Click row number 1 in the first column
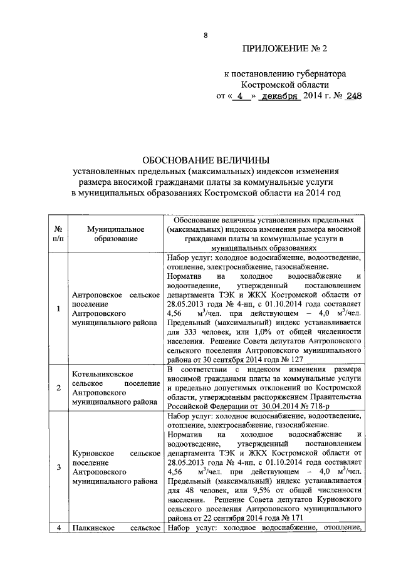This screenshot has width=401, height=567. pyautogui.click(x=58, y=309)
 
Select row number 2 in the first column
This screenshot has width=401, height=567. pyautogui.click(x=58, y=388)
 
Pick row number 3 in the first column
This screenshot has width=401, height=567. pyautogui.click(x=58, y=467)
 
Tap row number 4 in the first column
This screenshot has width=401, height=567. pyautogui.click(x=58, y=529)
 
